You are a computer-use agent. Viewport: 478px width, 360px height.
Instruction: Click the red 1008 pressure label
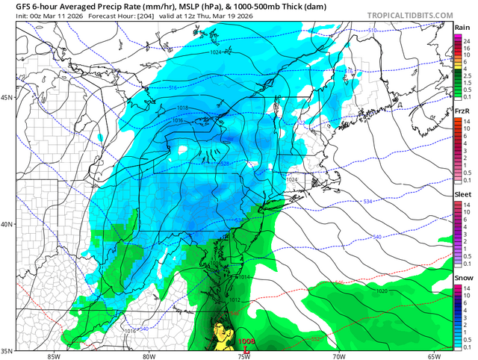click(x=246, y=341)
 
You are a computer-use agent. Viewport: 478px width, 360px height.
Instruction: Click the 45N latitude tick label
click(x=7, y=98)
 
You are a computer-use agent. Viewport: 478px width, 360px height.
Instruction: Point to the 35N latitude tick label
click(x=7, y=350)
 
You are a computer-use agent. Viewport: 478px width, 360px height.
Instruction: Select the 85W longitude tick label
click(x=52, y=356)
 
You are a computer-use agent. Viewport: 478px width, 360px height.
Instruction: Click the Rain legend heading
click(x=462, y=28)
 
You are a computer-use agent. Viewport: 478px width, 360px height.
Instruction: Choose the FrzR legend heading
click(x=462, y=111)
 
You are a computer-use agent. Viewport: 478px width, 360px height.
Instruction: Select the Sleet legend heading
click(x=462, y=193)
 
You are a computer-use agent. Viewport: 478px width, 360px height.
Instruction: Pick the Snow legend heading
click(x=462, y=277)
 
